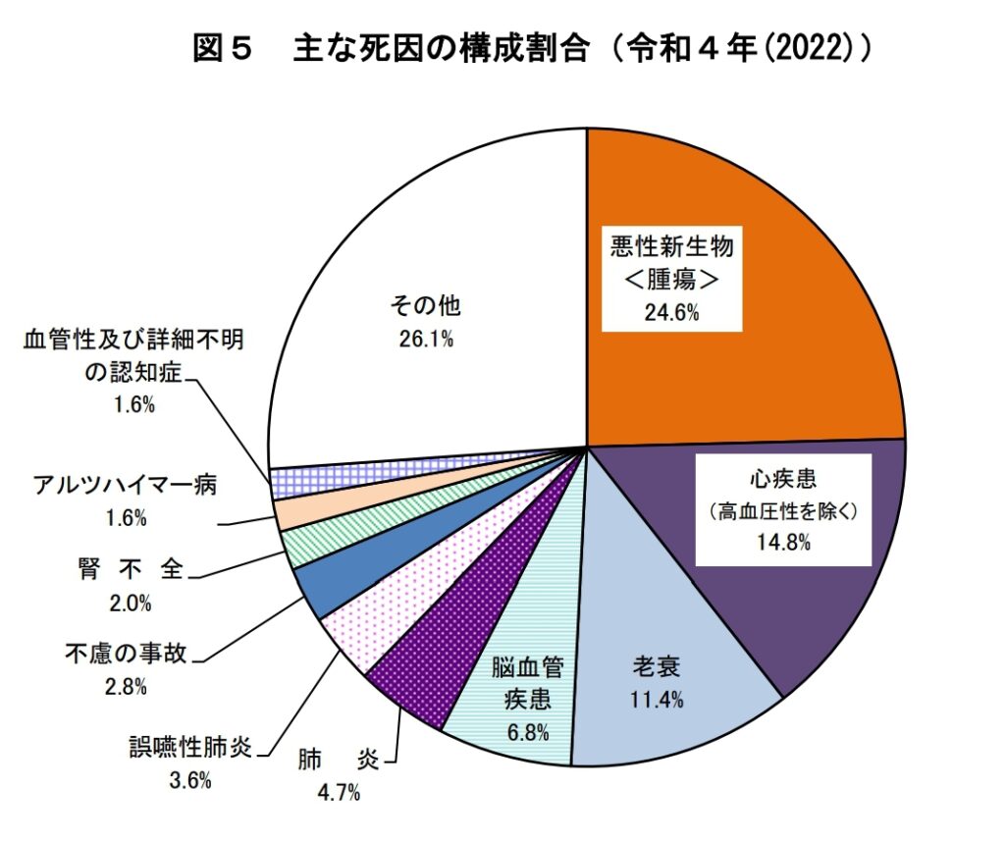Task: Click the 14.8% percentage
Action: pyautogui.click(x=783, y=542)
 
